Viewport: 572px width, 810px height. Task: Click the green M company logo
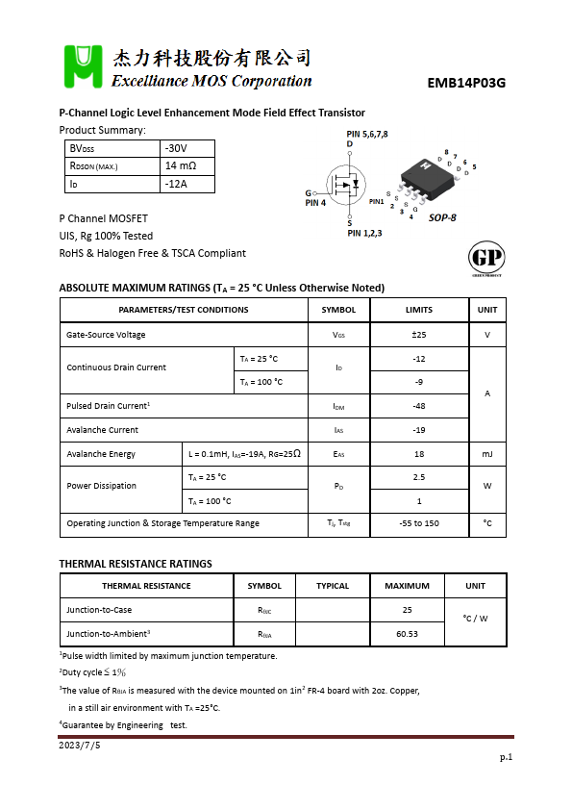click(x=83, y=66)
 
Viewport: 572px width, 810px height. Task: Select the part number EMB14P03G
click(x=466, y=83)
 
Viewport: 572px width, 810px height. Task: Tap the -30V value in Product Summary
click(x=176, y=148)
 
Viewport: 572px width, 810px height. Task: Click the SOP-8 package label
click(x=442, y=217)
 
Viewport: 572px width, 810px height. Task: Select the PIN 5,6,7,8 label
click(x=367, y=134)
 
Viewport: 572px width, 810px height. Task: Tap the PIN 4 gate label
click(x=315, y=203)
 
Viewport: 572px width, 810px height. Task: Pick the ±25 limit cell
click(x=419, y=335)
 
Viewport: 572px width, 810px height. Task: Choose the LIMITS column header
click(x=419, y=310)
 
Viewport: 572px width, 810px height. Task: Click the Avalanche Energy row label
click(x=101, y=454)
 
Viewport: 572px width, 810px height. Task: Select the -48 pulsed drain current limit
click(x=419, y=406)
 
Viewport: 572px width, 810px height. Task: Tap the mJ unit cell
click(x=487, y=454)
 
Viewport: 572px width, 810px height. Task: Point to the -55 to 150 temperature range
click(x=419, y=523)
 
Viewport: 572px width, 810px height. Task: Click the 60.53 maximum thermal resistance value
click(x=407, y=634)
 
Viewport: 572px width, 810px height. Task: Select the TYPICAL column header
click(x=333, y=586)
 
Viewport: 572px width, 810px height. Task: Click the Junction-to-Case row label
click(x=99, y=610)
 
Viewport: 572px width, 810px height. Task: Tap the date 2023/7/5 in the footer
click(x=80, y=745)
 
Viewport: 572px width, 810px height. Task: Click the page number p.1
click(x=506, y=757)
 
